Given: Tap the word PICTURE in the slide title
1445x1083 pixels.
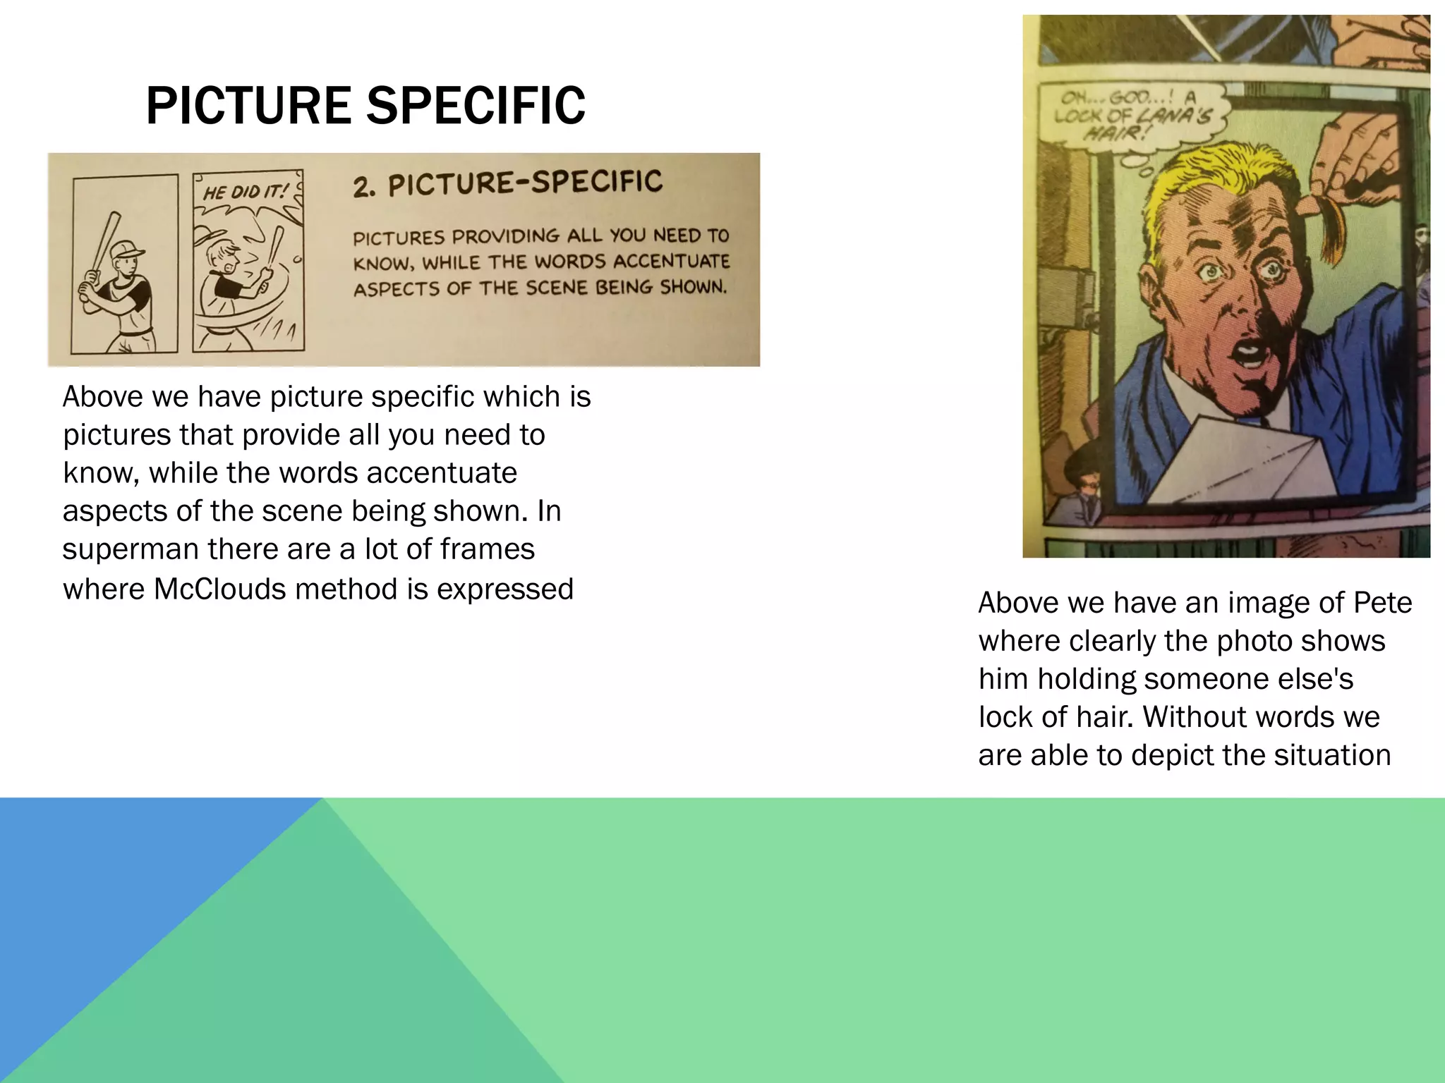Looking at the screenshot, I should point(249,106).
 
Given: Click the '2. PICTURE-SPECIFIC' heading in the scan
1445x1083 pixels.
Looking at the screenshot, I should point(507,183).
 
